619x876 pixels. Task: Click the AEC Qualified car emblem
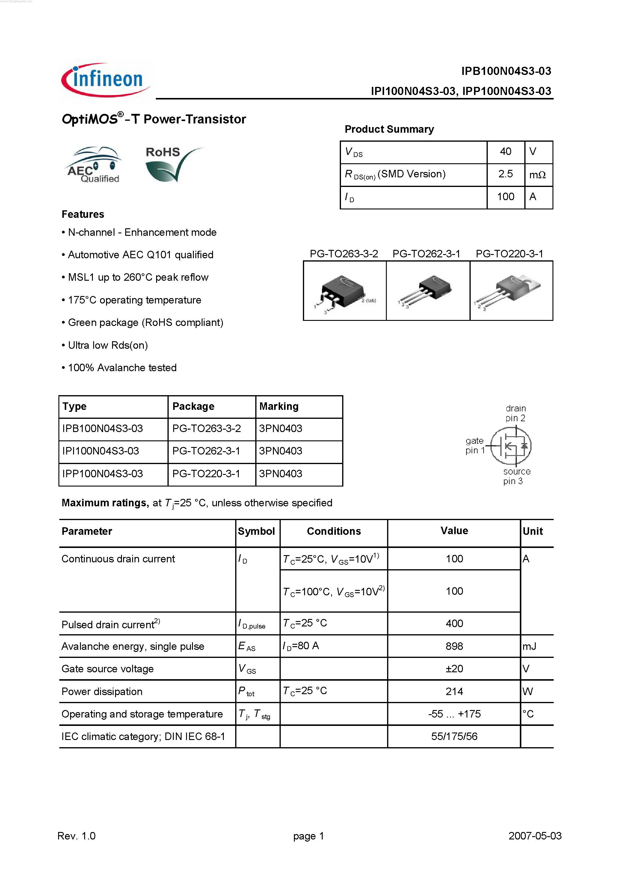[94, 164]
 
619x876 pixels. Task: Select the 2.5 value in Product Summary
[505, 174]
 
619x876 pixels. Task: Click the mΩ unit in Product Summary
[537, 175]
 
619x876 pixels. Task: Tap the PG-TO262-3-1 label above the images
[426, 254]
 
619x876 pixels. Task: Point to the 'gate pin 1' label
[474, 445]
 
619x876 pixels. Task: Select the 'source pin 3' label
[516, 476]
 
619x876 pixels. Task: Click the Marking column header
[279, 406]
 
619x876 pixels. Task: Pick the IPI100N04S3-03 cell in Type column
[101, 451]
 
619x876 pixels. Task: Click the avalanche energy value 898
[454, 646]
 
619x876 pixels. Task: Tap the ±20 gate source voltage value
[454, 669]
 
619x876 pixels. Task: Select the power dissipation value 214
[454, 691]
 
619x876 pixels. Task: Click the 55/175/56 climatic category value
[454, 736]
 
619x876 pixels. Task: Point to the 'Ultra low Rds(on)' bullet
[108, 345]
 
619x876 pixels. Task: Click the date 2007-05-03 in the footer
[535, 836]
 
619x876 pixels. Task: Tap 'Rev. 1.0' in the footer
[76, 836]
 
